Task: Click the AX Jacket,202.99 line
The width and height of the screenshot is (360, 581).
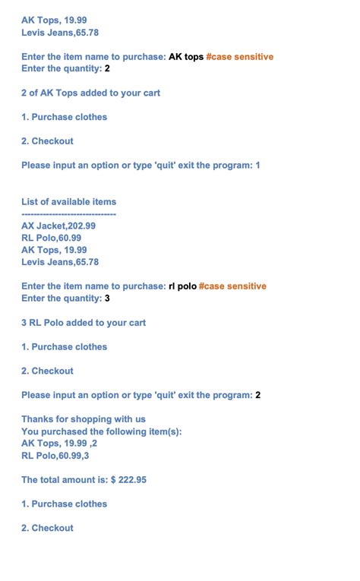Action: coord(58,226)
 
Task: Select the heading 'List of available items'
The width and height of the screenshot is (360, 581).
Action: coord(69,202)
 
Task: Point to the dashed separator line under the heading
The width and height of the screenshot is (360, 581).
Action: coord(68,214)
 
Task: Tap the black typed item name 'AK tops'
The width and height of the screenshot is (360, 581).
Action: coord(185,57)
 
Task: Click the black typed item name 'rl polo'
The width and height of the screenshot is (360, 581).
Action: coord(182,286)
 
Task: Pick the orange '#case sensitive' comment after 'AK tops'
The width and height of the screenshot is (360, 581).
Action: coord(239,57)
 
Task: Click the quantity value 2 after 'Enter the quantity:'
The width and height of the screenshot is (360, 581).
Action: coord(107,69)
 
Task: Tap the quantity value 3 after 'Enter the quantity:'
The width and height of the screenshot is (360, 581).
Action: coord(107,298)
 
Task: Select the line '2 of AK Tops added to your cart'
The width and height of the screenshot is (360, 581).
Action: coord(90,93)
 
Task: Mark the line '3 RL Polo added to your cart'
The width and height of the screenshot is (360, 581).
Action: coord(84,323)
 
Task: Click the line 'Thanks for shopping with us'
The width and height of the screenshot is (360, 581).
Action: coord(84,419)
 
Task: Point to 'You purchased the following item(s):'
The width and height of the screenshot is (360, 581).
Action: coord(102,431)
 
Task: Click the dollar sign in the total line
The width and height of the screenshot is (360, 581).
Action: coord(113,480)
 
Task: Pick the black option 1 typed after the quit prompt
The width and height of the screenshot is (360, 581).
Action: coord(257,166)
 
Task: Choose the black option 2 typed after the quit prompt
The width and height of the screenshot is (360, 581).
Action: coord(257,396)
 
